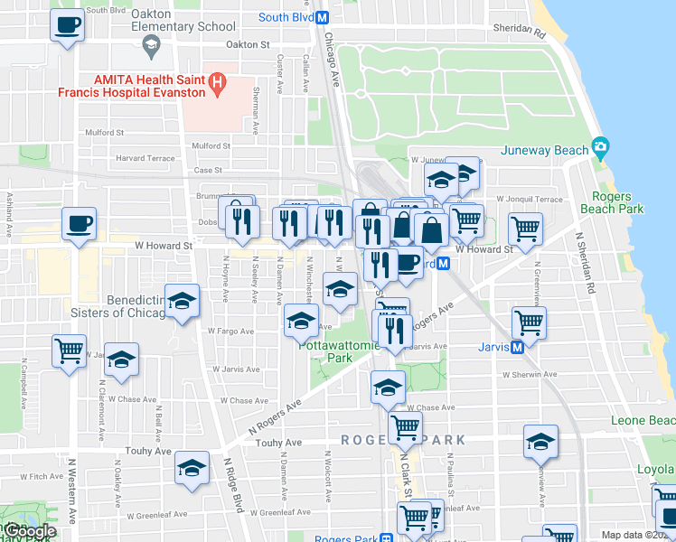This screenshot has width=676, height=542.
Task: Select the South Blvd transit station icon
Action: tap(323, 17)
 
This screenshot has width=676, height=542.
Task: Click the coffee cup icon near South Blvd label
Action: tap(67, 24)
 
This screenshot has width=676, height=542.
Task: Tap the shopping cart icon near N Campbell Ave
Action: tap(69, 350)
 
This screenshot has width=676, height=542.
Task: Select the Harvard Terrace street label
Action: tap(145, 158)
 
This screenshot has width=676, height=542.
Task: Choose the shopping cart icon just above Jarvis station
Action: tap(529, 322)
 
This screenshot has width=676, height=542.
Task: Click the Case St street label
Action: tap(208, 170)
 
